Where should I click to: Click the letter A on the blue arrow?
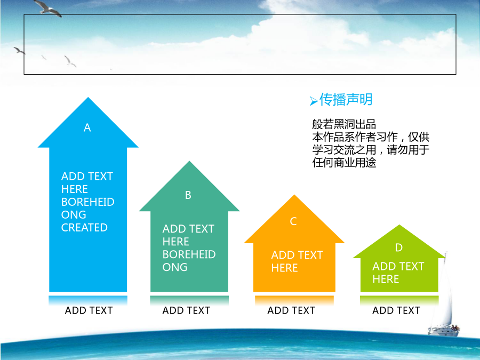point(87,127)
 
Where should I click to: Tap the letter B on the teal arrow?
point(188,195)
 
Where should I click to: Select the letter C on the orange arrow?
point(293,221)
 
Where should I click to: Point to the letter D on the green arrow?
point(398,247)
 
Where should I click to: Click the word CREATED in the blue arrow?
point(84,227)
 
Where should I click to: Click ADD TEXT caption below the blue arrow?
point(89,310)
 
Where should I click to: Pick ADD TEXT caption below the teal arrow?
point(186,310)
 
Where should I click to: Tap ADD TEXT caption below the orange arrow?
point(291,310)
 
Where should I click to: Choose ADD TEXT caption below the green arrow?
point(396,310)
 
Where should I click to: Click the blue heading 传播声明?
point(346,100)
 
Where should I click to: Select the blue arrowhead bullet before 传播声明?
point(314,101)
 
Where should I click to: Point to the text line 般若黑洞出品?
point(344,124)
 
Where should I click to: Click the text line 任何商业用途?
point(344,163)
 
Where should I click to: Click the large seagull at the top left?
point(47,7)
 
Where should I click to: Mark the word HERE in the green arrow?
point(386,279)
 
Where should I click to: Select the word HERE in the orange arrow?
point(284,268)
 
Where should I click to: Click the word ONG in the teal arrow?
point(175,267)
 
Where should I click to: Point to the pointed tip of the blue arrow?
point(88,98)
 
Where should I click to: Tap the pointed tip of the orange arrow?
point(294,195)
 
